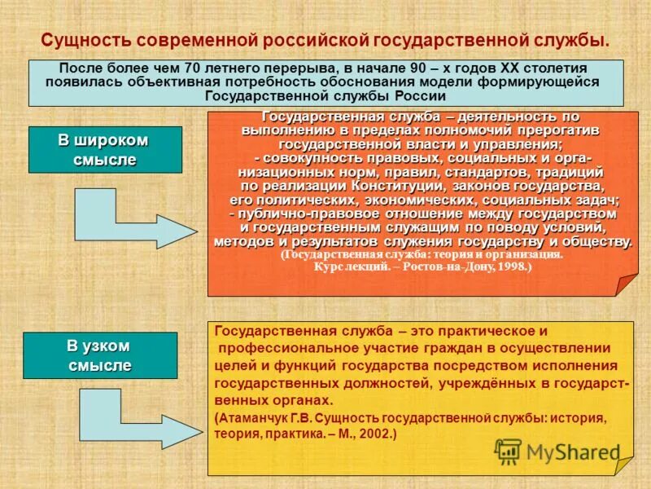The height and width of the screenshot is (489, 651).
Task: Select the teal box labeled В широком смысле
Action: (x=105, y=149)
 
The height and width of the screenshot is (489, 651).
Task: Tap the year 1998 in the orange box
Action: (x=509, y=266)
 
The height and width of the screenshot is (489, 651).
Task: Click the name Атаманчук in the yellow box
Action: (x=252, y=418)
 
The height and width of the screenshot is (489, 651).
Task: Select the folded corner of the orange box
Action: (x=625, y=284)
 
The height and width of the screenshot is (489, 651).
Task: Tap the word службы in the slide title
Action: (x=566, y=40)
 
